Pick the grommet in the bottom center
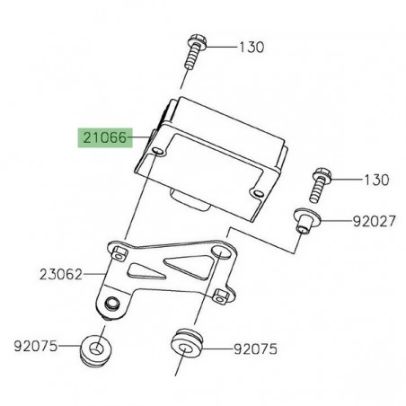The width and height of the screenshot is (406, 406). pos(184,347)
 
